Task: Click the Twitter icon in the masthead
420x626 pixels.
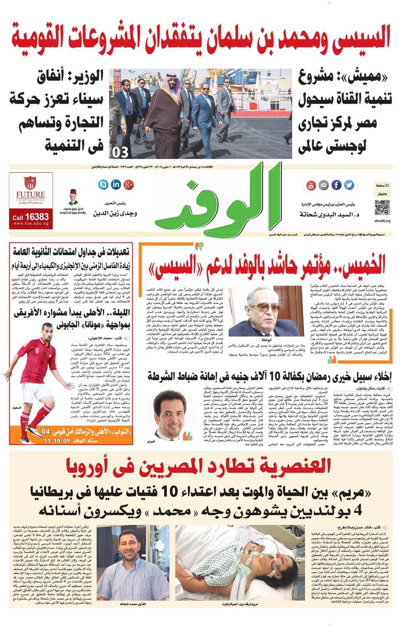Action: [x=349, y=185]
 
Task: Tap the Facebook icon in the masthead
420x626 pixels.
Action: [x=336, y=185]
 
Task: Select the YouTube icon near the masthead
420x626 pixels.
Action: [x=311, y=185]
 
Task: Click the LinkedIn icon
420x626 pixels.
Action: [x=116, y=184]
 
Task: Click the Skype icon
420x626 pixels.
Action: [x=103, y=184]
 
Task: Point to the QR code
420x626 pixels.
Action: [x=382, y=207]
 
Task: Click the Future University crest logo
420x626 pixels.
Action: [x=30, y=183]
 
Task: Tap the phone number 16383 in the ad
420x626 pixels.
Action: [x=37, y=217]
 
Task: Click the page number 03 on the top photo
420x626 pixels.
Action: [x=121, y=152]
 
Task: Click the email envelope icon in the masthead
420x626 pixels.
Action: [x=324, y=185]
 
